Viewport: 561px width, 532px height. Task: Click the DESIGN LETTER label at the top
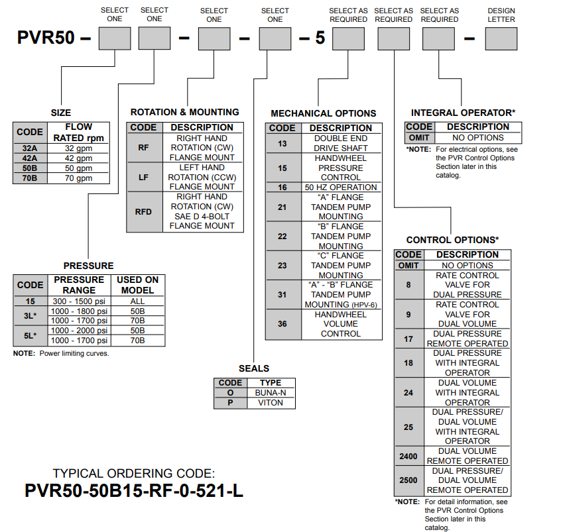tap(501, 15)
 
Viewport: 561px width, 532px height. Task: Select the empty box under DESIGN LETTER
tap(501, 38)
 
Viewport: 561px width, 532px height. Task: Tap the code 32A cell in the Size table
tap(30, 148)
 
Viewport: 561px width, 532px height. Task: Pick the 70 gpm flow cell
tap(78, 178)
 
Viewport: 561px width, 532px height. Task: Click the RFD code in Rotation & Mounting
tap(144, 211)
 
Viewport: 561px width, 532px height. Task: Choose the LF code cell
tap(144, 178)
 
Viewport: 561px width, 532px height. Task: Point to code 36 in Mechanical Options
tap(282, 324)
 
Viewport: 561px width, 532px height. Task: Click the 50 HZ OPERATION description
tap(341, 187)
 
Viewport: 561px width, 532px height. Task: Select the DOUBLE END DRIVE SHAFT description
tap(341, 143)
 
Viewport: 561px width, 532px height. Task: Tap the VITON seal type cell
tap(271, 402)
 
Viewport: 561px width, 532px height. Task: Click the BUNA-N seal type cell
tap(271, 392)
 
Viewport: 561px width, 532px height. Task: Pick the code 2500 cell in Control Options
tap(408, 480)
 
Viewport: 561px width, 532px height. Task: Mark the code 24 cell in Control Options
tap(408, 392)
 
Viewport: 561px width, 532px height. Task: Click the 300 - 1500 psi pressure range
tap(80, 301)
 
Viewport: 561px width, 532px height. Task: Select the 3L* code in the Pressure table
tap(30, 316)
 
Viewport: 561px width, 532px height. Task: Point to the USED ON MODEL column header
tap(137, 285)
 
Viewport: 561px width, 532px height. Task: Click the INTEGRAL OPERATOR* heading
tap(463, 113)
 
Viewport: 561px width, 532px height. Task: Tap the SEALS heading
tap(254, 368)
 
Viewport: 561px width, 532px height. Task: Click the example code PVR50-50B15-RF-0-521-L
tap(133, 491)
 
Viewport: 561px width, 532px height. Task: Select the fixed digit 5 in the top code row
tap(320, 38)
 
